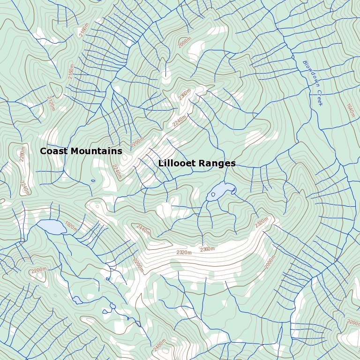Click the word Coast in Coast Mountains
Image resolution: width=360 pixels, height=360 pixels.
point(53,151)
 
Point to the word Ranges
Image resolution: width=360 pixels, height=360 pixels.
point(217,164)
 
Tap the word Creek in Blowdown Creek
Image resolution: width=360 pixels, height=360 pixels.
point(318,97)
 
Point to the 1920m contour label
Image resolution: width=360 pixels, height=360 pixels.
point(70,226)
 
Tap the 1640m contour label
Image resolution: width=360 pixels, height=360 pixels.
point(350,111)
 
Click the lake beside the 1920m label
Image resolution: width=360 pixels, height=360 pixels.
point(52,227)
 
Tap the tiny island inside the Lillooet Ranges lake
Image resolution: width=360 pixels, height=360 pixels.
point(213,195)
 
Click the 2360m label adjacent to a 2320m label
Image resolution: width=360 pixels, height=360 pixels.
point(207,249)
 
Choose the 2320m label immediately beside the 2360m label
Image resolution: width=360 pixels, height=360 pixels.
point(184,253)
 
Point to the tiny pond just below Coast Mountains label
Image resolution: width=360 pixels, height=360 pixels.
point(93,180)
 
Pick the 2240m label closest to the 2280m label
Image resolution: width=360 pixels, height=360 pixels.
point(24,187)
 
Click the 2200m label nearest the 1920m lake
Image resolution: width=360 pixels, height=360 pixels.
point(39,270)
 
